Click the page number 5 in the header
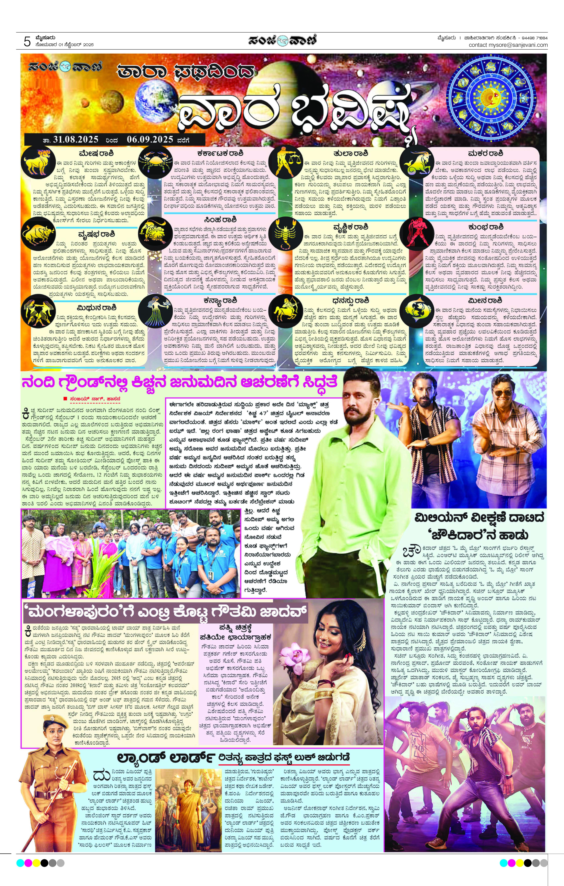[27, 42]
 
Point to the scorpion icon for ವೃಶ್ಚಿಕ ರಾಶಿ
[285, 233]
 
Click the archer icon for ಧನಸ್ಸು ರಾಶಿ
[285, 309]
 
